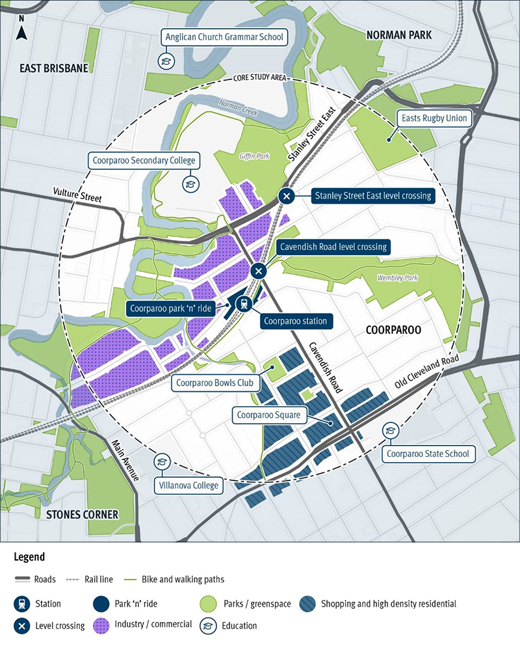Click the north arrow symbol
(x=21, y=30)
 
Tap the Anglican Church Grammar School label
(x=224, y=37)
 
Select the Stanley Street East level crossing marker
(x=286, y=195)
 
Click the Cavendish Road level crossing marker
(x=259, y=271)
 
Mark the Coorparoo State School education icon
(x=391, y=430)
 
